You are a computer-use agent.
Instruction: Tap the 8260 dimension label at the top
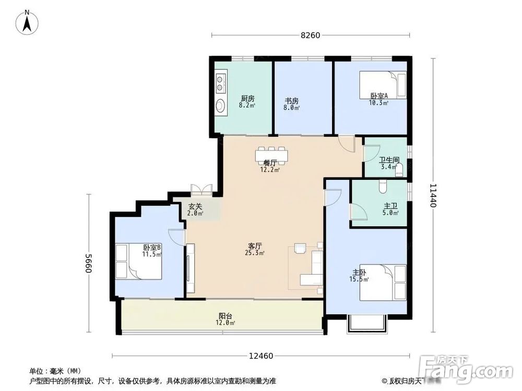[x=310, y=35]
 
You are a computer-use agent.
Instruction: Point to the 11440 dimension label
[x=433, y=194]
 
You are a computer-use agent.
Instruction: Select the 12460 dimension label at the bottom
[x=261, y=356]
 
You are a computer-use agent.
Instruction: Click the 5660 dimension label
[x=88, y=266]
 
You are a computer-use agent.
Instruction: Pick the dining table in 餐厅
[x=271, y=155]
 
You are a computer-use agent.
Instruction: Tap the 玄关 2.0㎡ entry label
[x=195, y=209]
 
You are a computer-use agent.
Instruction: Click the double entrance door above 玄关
[x=201, y=190]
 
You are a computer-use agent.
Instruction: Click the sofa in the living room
[x=315, y=265]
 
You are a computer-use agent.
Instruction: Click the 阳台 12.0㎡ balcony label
[x=226, y=319]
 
